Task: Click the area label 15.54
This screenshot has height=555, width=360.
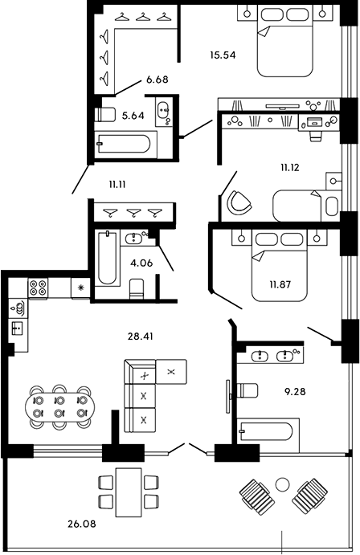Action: pos(221,56)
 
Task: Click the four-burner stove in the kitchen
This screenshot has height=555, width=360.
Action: pos(39,288)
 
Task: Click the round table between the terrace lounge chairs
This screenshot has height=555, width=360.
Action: pos(281,484)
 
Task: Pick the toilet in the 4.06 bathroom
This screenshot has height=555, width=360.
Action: pos(137,288)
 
